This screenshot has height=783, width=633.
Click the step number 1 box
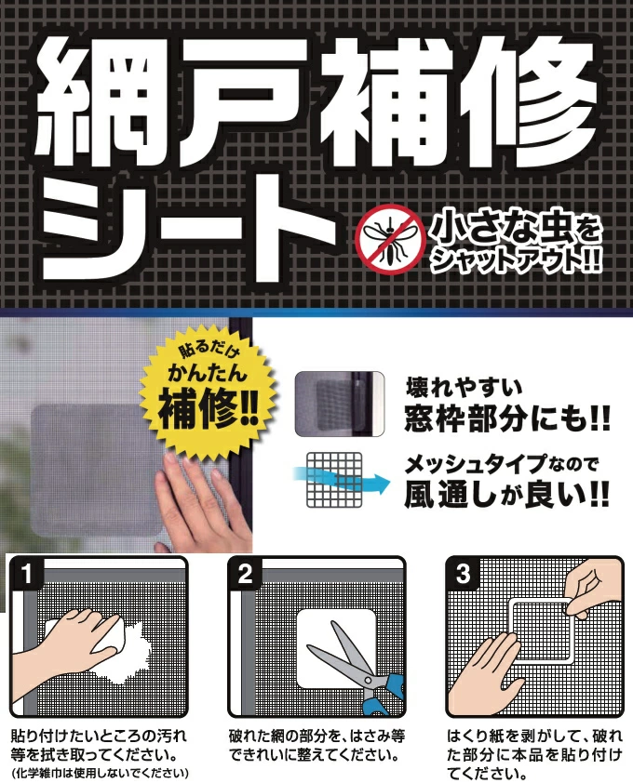tap(27, 574)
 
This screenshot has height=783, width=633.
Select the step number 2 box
tap(245, 574)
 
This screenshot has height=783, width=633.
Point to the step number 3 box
tap(463, 574)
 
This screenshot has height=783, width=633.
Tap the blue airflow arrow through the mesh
tap(342, 480)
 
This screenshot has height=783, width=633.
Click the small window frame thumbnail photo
tap(340, 404)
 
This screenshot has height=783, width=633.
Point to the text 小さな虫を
tap(516, 229)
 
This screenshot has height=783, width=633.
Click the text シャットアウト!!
tap(516, 259)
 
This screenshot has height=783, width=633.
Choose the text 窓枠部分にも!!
tap(507, 418)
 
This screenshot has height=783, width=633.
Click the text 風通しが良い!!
tap(507, 494)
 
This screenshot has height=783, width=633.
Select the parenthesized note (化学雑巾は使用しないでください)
tap(100, 774)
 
